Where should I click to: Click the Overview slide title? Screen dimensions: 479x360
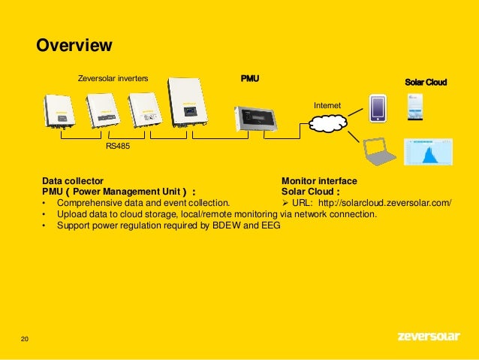click(x=75, y=46)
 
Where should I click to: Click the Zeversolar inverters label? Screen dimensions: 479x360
click(x=113, y=77)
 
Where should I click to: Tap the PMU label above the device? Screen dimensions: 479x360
click(x=250, y=77)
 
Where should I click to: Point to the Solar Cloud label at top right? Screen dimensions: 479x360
click(x=425, y=81)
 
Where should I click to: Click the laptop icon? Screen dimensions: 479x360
click(x=379, y=152)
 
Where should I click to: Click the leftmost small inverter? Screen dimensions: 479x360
click(x=59, y=111)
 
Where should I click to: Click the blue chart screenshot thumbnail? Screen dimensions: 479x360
click(x=429, y=153)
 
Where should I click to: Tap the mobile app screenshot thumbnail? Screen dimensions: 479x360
click(x=415, y=107)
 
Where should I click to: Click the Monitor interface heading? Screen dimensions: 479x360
click(x=319, y=181)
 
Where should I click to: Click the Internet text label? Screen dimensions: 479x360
click(x=327, y=107)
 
